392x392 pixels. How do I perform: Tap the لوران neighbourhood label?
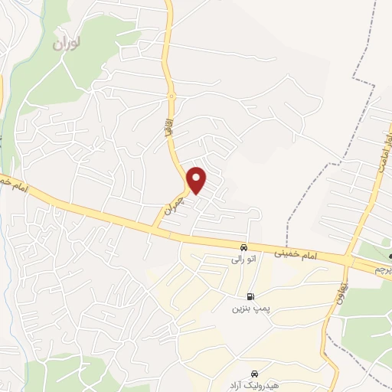[67, 44]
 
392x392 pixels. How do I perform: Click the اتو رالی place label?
[243, 260]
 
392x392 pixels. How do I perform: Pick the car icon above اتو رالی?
[243, 247]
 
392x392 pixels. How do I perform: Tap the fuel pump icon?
[250, 297]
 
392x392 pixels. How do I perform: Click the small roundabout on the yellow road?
[171, 96]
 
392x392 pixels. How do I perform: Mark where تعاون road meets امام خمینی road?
[348, 261]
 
